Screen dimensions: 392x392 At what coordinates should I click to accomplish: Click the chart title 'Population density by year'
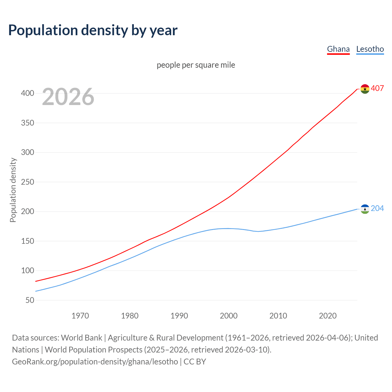[x=93, y=30]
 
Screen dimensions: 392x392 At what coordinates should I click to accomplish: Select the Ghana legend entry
[x=338, y=49]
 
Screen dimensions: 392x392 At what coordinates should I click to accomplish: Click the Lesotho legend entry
[x=370, y=49]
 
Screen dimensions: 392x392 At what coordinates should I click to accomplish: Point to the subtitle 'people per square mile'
[x=196, y=65]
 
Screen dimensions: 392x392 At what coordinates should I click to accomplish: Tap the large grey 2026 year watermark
[x=68, y=97]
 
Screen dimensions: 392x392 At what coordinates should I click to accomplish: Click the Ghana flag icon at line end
[x=365, y=89]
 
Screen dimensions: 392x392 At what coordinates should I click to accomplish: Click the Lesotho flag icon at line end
[x=365, y=209]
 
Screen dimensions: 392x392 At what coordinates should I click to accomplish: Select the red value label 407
[x=377, y=88]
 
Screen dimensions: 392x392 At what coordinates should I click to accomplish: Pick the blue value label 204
[x=377, y=208]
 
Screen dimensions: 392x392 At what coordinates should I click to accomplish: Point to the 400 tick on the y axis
[x=28, y=93]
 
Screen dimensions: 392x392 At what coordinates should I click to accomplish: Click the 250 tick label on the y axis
[x=28, y=182]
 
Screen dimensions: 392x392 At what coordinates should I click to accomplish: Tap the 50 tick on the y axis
[x=30, y=300]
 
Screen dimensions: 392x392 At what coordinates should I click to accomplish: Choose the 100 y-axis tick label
[x=28, y=271]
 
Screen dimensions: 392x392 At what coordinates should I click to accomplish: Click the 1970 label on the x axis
[x=80, y=316]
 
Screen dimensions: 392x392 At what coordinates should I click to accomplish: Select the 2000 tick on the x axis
[x=229, y=316]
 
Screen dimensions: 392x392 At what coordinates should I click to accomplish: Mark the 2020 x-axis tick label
[x=328, y=316]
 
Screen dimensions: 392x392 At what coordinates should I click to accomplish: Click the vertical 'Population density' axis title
[x=13, y=190]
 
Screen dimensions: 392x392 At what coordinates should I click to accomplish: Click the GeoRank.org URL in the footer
[x=95, y=361]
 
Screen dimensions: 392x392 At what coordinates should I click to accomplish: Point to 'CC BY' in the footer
[x=195, y=361]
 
